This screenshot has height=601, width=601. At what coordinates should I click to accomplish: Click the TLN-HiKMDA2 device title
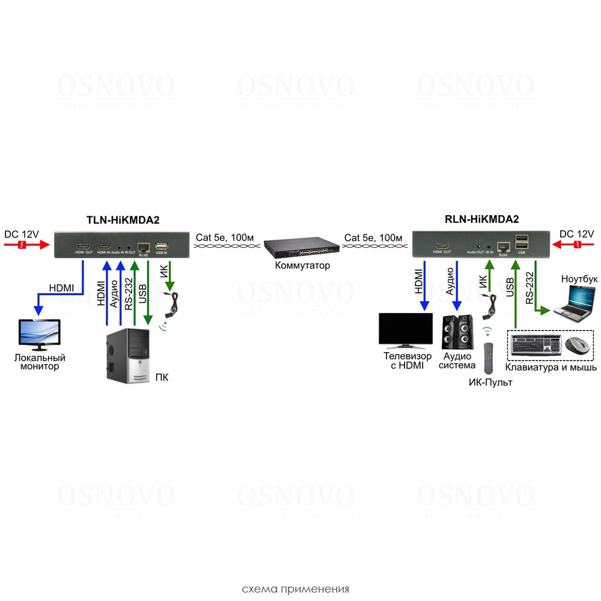coord(123,220)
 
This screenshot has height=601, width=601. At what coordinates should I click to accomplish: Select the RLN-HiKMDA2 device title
coord(481,220)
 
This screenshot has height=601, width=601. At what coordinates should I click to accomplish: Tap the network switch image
coord(299,248)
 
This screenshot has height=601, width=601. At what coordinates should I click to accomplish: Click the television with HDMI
coord(405,331)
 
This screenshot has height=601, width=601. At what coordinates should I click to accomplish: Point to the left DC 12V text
coord(22,233)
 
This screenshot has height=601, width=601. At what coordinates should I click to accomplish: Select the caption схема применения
coord(295,588)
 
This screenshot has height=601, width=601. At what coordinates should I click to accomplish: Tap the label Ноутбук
coord(578,279)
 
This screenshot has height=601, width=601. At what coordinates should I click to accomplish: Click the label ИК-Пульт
coord(490,382)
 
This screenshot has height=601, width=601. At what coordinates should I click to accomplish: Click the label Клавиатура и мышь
coord(551,367)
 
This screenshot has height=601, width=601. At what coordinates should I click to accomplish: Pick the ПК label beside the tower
coord(162,378)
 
